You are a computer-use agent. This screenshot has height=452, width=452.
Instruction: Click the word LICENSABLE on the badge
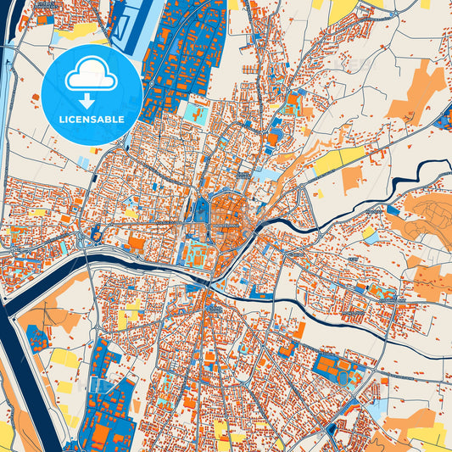point(91,118)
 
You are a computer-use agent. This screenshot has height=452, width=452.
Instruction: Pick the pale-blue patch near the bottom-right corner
point(377,407)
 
